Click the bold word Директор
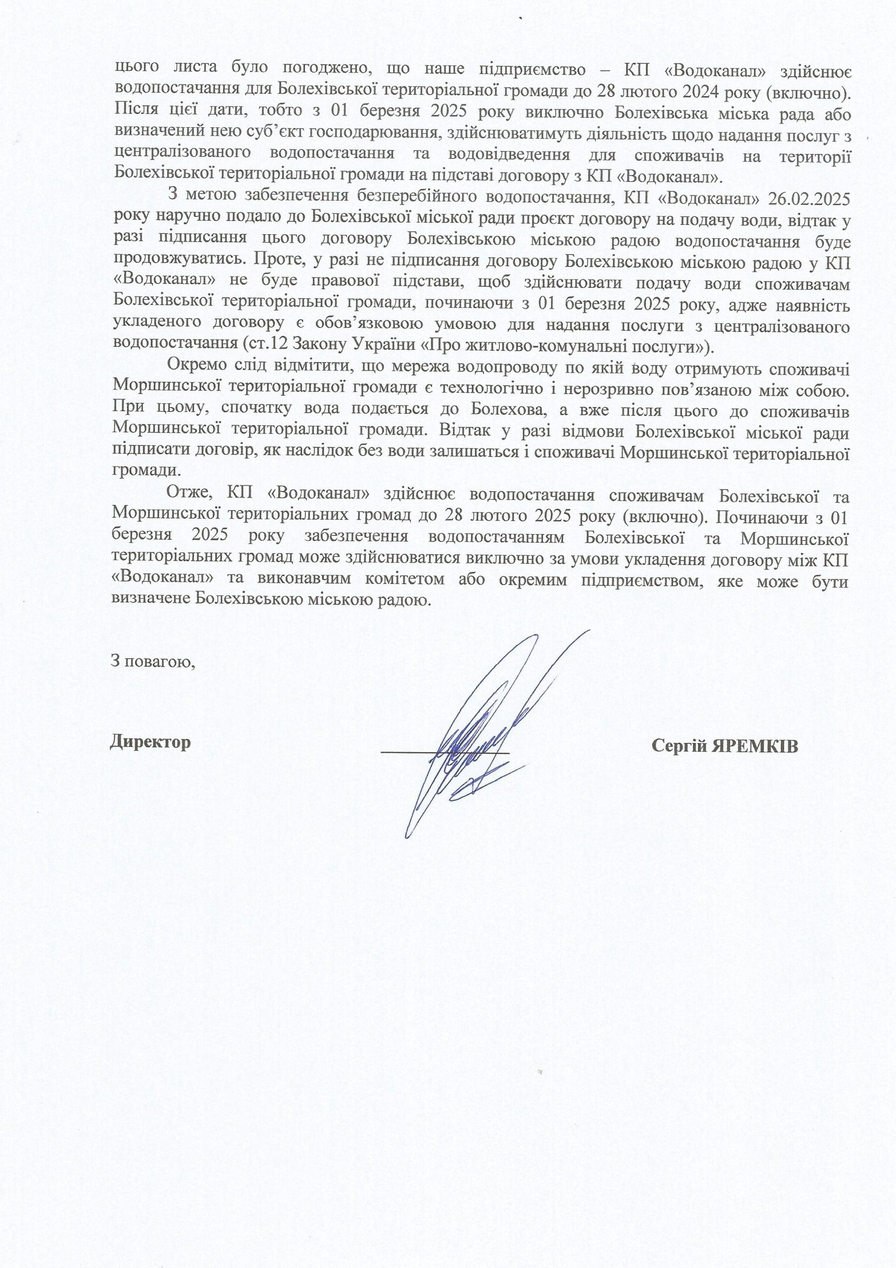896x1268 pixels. click(150, 741)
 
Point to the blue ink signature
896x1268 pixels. click(486, 735)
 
